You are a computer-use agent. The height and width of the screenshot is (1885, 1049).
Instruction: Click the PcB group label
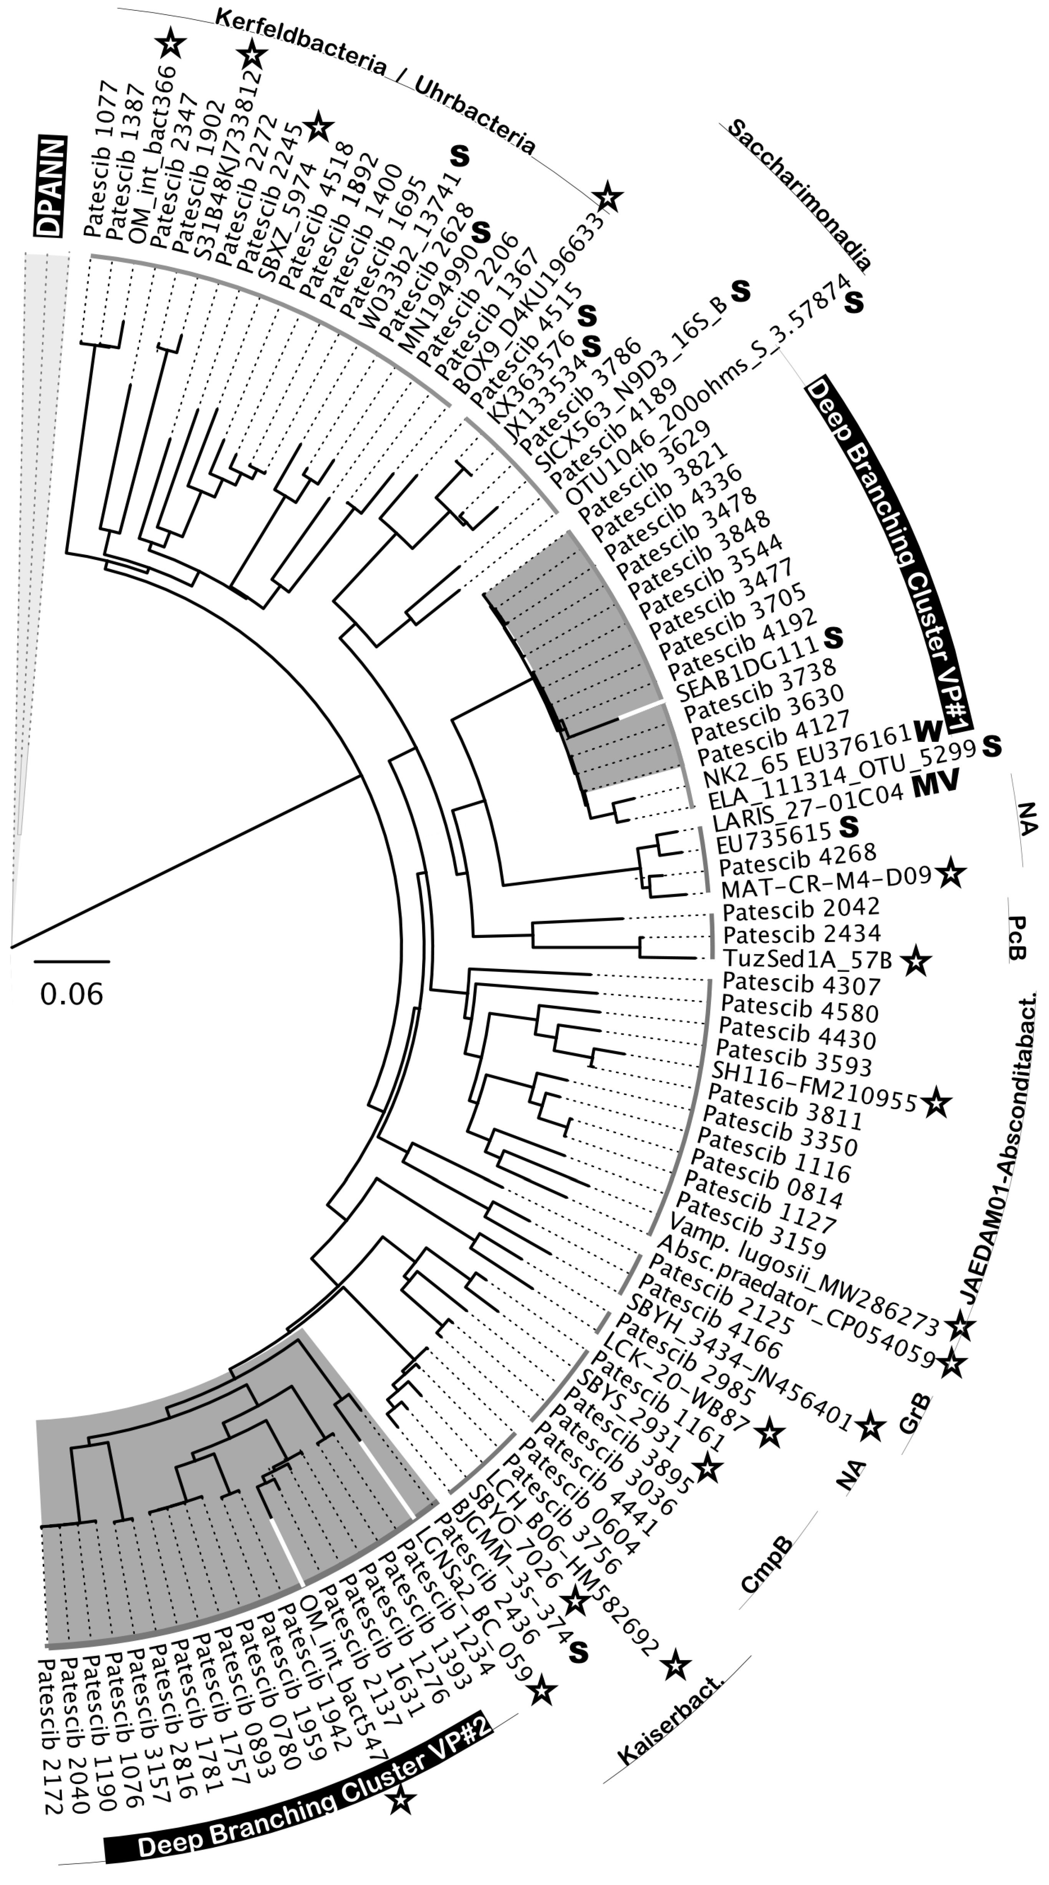coord(1018,938)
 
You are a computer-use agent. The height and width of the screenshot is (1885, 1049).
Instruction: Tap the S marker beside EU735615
coord(848,826)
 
